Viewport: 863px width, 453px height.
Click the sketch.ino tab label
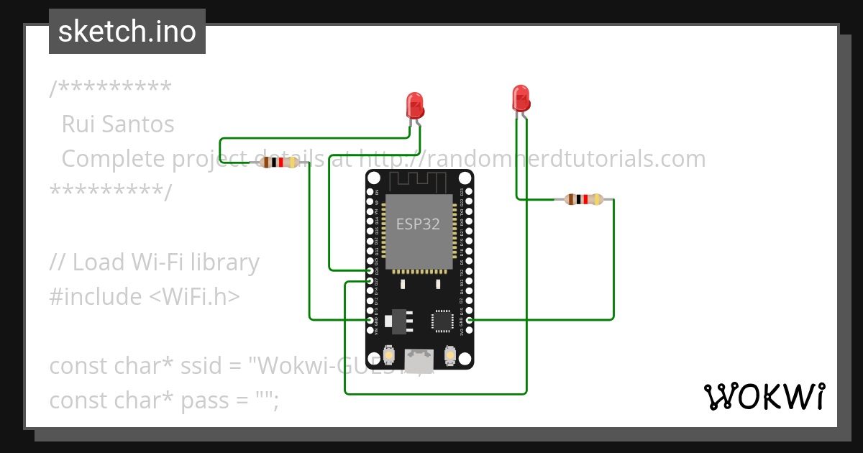[x=127, y=32]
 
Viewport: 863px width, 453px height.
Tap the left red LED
[x=415, y=106]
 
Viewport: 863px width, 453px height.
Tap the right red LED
[x=521, y=99]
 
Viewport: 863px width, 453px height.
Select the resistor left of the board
[x=280, y=163]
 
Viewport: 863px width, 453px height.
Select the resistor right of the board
[x=583, y=199]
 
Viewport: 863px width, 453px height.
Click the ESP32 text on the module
[x=418, y=224]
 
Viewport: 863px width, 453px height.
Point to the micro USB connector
[x=419, y=357]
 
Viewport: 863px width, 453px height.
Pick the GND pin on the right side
[x=469, y=320]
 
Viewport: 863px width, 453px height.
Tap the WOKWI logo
[x=764, y=396]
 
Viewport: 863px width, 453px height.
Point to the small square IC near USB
[x=441, y=320]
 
